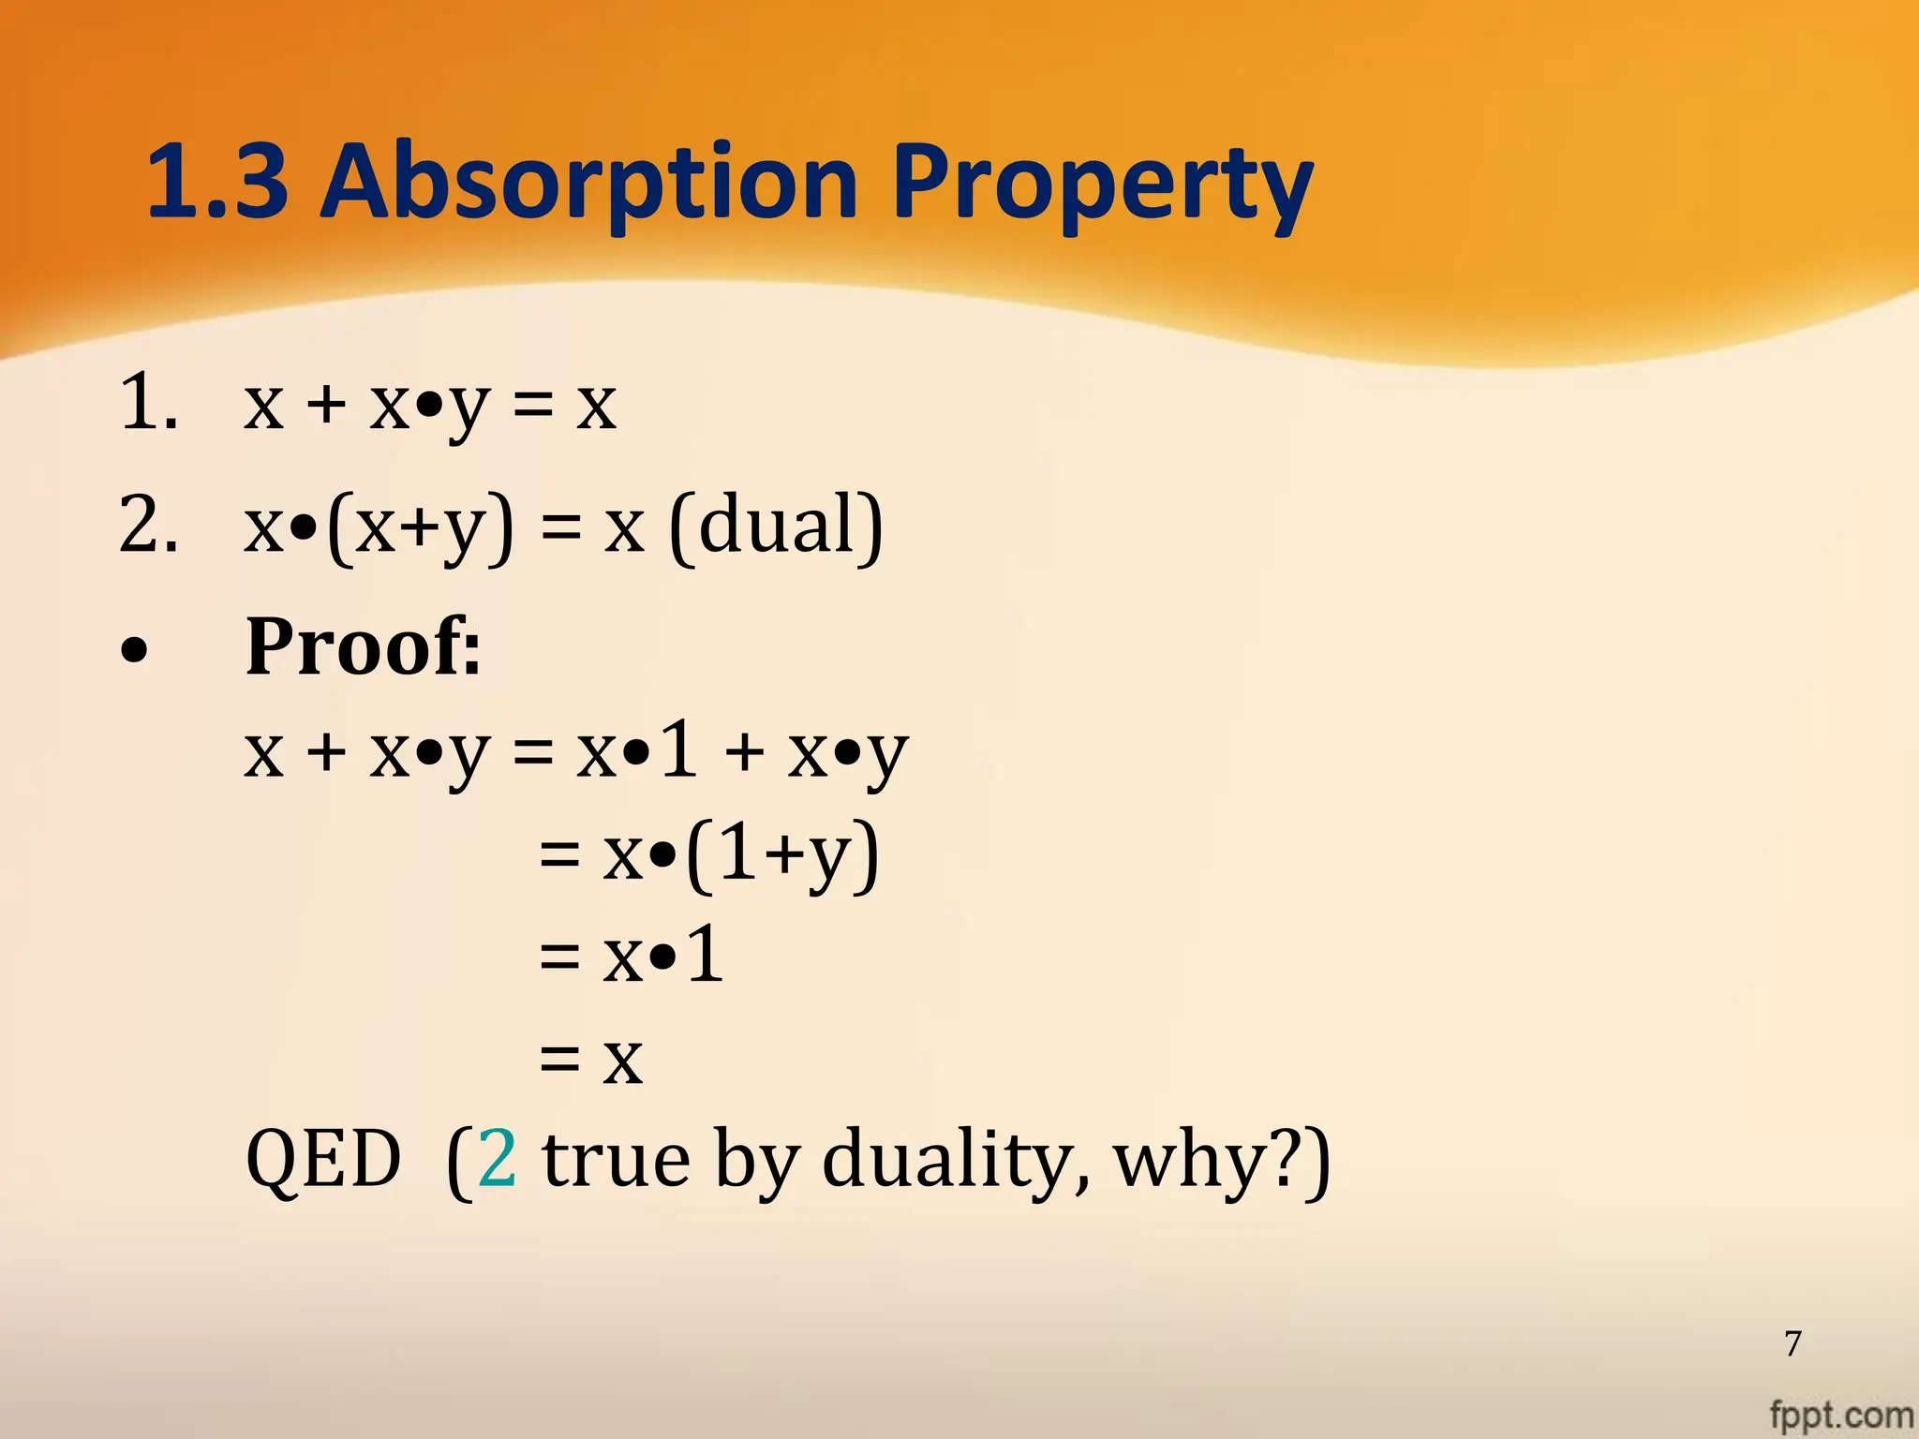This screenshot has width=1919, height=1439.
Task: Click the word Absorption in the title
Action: pos(588,183)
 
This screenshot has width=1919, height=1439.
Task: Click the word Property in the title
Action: pos(1102,183)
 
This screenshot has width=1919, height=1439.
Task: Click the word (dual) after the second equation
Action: pos(776,526)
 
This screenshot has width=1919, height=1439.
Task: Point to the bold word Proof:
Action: pos(364,646)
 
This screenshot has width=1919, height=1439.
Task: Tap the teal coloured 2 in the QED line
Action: pos(497,1159)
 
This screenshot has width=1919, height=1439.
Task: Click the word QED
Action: pos(323,1160)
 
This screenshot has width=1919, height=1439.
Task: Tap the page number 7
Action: pos(1793,1343)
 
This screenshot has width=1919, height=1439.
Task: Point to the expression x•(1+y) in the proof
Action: pos(740,854)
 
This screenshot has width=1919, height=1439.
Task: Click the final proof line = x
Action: pos(591,1060)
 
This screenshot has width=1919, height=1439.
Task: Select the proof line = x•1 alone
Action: pos(632,957)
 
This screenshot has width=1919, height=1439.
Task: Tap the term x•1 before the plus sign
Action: pos(637,751)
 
